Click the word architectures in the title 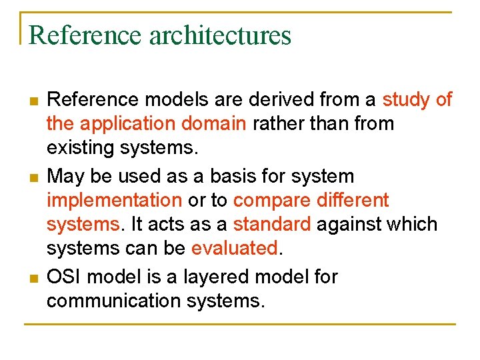coord(221,35)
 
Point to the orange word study coord(406,100)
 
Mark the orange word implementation coord(114,201)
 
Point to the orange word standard coord(272,224)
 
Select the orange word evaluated coord(235,248)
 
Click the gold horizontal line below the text coord(239,325)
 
